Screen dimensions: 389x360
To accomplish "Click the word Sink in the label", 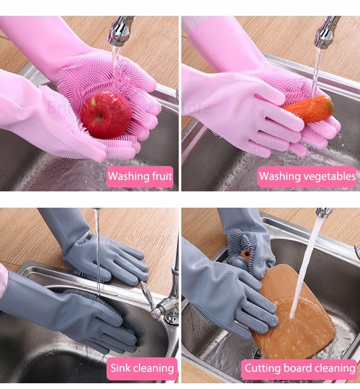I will (120, 368).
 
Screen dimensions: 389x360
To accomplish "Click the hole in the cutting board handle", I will (245, 255).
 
